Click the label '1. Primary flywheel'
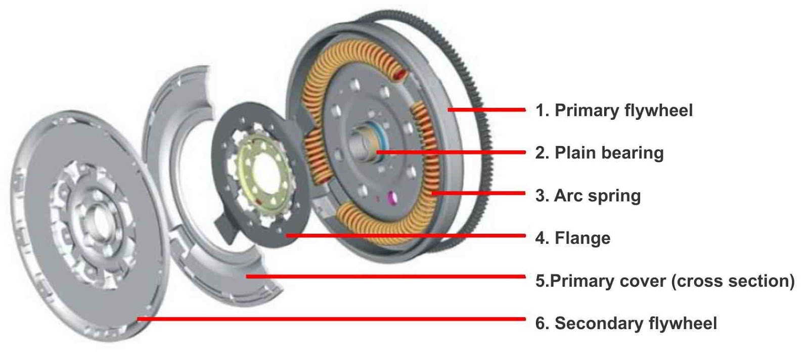point(614,110)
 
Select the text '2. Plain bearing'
point(599,153)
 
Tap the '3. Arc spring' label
point(588,195)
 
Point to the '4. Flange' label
point(572,238)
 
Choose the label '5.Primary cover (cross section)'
point(664,281)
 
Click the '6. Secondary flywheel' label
point(626,323)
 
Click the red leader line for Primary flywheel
point(485,110)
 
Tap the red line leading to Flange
point(404,235)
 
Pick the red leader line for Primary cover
point(384,277)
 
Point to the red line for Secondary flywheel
point(329,319)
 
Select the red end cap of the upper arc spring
point(400,76)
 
